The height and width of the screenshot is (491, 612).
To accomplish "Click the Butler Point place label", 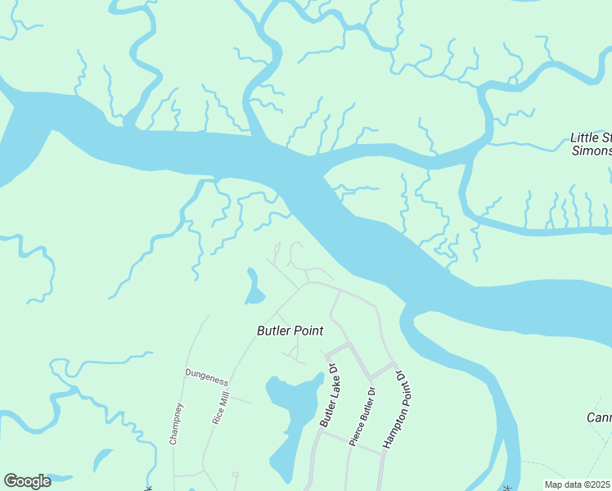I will click(290, 331).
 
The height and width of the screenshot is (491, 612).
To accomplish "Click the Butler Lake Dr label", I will click(329, 395).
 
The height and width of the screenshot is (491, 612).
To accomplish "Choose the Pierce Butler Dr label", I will click(363, 417).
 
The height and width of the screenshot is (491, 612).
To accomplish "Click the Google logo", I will click(27, 481).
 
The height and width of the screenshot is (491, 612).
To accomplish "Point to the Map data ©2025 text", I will click(576, 484).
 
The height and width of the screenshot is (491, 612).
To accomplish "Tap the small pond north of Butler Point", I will click(253, 286).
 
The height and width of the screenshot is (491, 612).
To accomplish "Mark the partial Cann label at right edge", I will click(599, 417).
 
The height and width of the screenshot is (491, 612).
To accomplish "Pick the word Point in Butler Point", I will click(308, 331).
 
